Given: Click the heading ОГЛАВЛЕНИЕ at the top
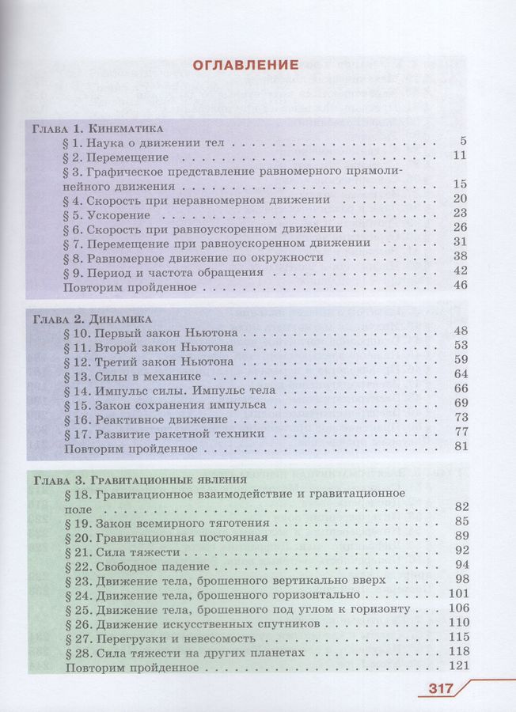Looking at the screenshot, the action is (x=247, y=64).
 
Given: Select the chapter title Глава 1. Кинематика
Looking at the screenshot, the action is (x=97, y=128).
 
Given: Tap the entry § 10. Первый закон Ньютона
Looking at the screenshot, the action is (x=149, y=333).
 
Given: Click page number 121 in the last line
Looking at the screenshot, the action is (x=459, y=666).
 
